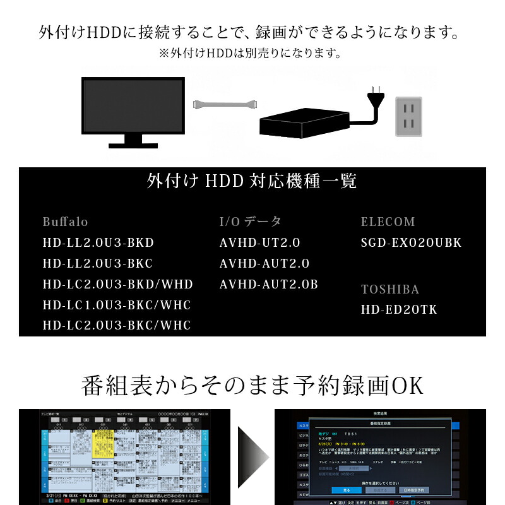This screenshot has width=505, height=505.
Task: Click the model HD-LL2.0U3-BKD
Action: tap(98, 243)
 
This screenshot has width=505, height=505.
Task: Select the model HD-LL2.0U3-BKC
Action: tap(98, 264)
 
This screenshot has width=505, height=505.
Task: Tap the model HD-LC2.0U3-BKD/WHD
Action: tap(118, 285)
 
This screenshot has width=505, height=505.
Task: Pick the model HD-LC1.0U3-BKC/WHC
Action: tap(117, 306)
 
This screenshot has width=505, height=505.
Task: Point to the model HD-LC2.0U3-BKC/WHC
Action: tap(117, 326)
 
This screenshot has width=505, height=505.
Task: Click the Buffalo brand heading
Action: tap(66, 222)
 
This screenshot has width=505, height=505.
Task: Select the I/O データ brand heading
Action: tap(250, 222)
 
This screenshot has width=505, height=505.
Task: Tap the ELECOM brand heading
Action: tap(388, 222)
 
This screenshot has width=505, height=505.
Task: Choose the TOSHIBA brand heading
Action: tap(390, 290)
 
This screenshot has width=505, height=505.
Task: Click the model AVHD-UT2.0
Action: tap(260, 243)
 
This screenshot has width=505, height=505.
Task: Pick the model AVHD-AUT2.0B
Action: tap(269, 285)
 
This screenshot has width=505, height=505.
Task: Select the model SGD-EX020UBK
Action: tap(412, 243)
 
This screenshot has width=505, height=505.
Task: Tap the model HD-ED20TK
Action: tap(399, 310)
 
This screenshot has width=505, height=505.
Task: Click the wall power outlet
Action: tap(408, 116)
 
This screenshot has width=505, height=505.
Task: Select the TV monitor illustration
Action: tap(133, 109)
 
